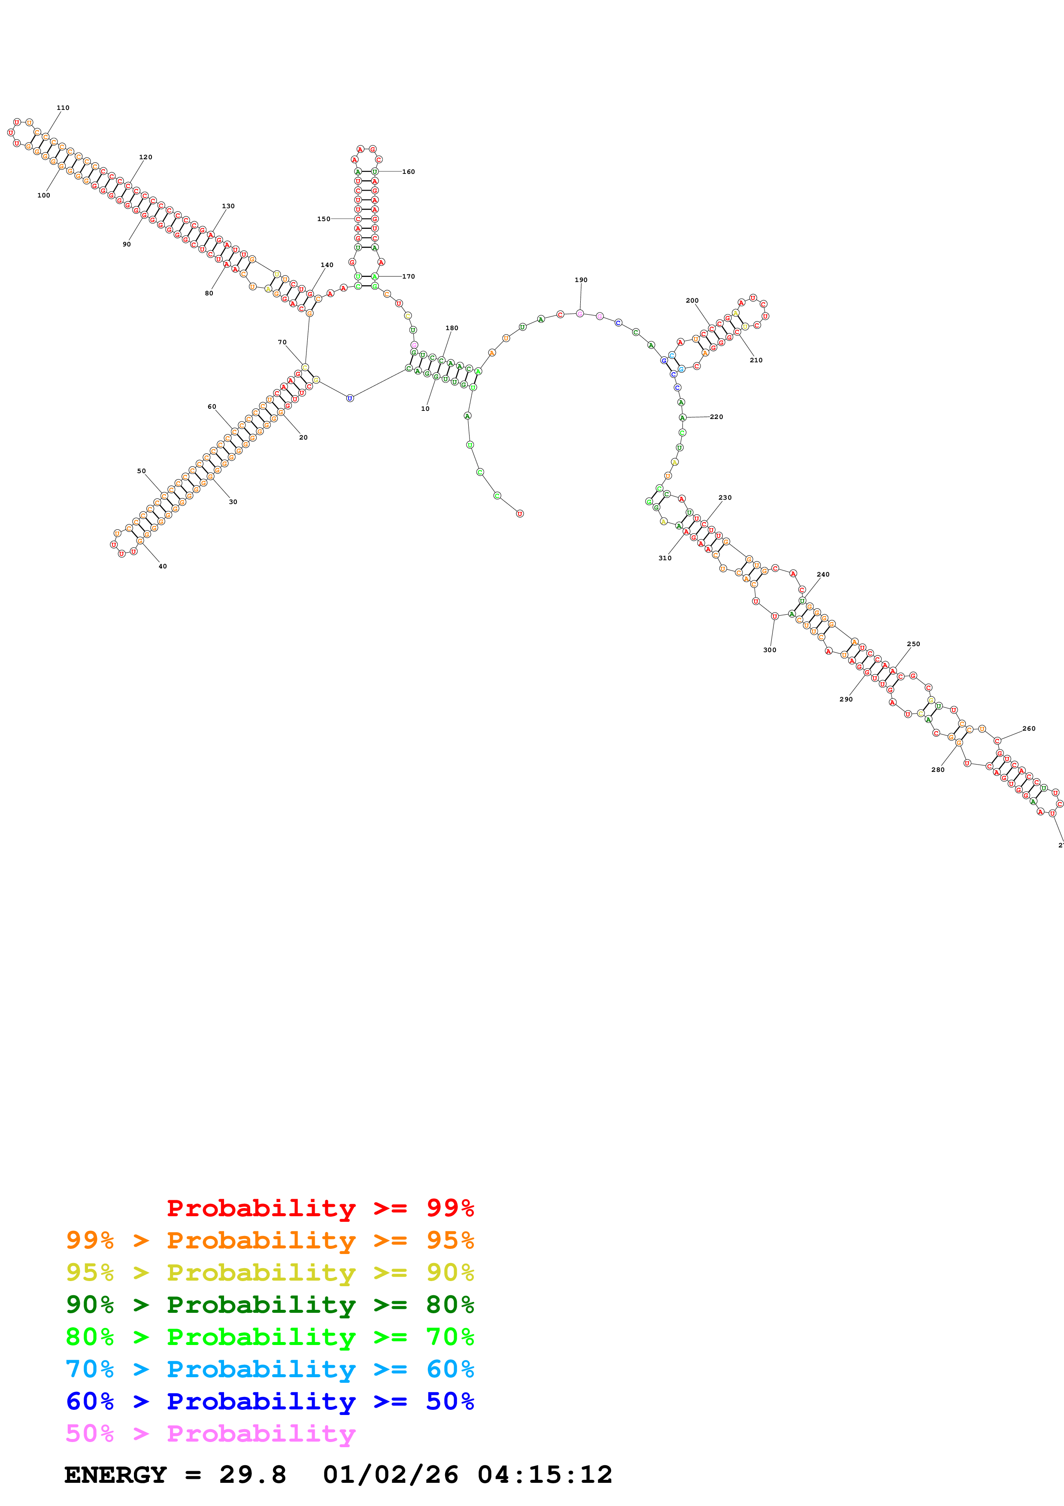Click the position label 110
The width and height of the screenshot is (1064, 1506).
coord(63,108)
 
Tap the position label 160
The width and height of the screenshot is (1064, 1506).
coord(409,172)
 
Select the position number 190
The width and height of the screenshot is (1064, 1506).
coord(581,280)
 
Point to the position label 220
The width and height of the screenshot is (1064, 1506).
coord(716,417)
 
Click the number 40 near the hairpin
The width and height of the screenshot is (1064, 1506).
coord(163,567)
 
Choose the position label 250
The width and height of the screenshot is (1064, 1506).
coord(913,644)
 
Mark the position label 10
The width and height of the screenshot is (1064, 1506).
coord(425,409)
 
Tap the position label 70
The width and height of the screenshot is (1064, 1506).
coord(282,343)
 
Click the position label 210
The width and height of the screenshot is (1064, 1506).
coord(756,360)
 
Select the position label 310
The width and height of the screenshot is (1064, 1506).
coord(665,558)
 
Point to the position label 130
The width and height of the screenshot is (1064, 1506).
coord(228,206)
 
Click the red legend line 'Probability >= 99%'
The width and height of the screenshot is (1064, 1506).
coord(320,1208)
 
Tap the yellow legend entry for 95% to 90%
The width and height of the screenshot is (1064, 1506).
coord(270,1272)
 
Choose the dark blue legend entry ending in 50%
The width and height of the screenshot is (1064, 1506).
coord(270,1401)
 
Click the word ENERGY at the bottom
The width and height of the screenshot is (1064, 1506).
coord(115,1475)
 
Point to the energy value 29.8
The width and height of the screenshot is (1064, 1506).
coord(252,1475)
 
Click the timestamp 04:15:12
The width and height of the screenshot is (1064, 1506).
coord(544,1475)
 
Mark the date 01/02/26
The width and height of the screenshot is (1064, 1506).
coord(391,1475)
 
